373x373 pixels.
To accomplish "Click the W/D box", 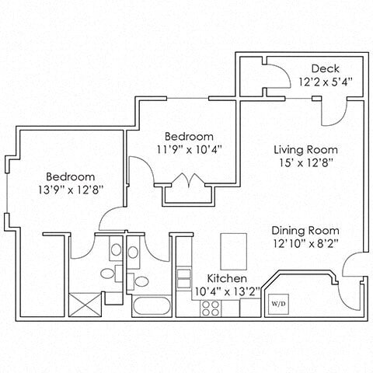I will [277, 304].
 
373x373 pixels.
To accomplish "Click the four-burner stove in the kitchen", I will [211, 306].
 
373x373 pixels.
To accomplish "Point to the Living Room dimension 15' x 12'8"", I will [305, 164].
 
